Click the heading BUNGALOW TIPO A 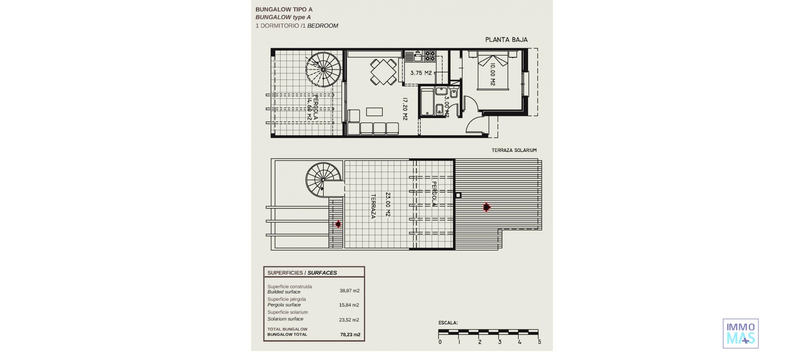click(284, 9)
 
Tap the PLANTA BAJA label click(506, 40)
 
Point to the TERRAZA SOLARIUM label click(514, 150)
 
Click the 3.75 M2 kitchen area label click(421, 73)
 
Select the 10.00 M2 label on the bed click(493, 75)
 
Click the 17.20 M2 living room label click(405, 109)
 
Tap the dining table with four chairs click(383, 72)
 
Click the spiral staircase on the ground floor click(324, 69)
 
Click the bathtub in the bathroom click(427, 101)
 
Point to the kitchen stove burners click(430, 57)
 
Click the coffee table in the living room click(374, 112)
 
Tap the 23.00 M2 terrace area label click(388, 204)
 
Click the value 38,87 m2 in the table click(349, 291)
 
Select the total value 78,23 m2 click(350, 334)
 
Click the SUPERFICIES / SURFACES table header click(302, 273)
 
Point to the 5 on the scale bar click(539, 342)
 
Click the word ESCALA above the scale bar click(448, 323)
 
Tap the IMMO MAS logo click(740, 334)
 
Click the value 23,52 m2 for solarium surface click(349, 320)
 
